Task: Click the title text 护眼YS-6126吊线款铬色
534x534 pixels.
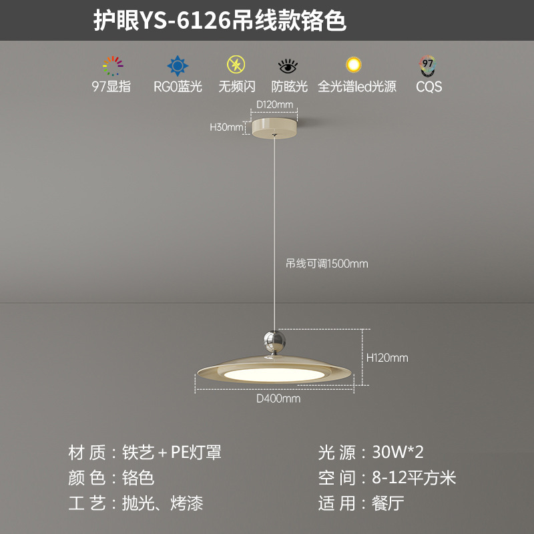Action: click(220, 21)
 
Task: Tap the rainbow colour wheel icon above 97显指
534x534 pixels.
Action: click(113, 65)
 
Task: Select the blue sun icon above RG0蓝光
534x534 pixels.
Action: click(177, 65)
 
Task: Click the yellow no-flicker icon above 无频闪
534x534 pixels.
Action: click(236, 65)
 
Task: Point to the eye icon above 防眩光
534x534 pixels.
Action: click(288, 66)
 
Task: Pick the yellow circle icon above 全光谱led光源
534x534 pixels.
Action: click(353, 65)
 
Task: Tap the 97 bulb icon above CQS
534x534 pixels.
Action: click(428, 65)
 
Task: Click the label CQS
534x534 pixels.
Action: click(429, 86)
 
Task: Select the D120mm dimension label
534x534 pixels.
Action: click(275, 105)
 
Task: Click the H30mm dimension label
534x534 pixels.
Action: click(226, 127)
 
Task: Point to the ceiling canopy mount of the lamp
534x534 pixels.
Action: click(275, 126)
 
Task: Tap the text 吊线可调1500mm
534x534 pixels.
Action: click(327, 264)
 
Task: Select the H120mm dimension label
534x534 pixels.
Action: click(387, 358)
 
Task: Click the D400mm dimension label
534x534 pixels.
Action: click(278, 399)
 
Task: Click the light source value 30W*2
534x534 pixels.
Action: click(397, 453)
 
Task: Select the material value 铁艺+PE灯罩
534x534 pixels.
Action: click(172, 453)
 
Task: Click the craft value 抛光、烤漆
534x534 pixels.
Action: click(162, 503)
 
